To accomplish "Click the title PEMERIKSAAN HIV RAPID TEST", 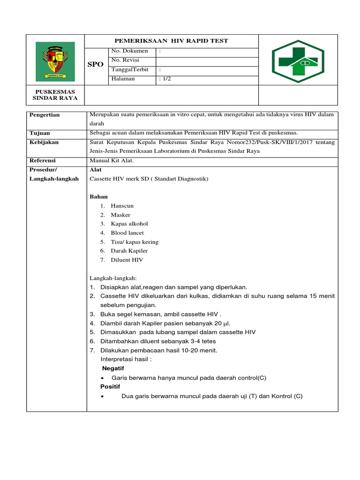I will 171,41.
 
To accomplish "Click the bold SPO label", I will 95,64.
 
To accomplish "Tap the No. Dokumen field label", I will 129,51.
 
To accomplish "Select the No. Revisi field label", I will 125,60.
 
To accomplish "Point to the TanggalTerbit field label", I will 130,69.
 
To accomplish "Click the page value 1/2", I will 165,79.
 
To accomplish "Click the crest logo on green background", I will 55,60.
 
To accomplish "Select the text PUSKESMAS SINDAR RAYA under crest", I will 55,95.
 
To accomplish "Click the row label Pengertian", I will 45,115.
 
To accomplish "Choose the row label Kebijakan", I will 44,142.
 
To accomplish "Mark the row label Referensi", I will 43,160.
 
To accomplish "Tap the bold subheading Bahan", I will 99,196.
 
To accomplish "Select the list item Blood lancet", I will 127,233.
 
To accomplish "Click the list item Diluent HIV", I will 127,260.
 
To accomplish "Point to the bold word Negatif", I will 113,368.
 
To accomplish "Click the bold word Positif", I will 110,387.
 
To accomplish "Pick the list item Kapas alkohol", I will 129,224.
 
